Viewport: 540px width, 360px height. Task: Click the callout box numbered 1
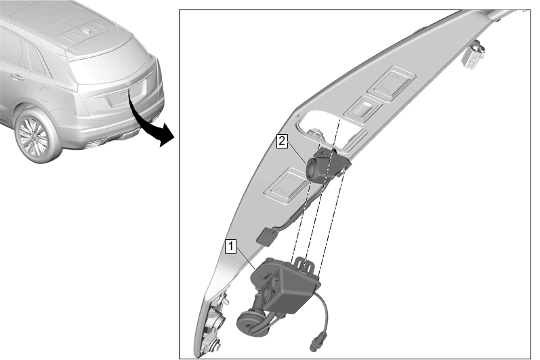[231, 247]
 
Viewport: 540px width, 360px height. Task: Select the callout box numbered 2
[282, 141]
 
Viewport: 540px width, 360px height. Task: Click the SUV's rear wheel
[34, 136]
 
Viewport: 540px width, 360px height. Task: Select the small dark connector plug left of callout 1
[265, 237]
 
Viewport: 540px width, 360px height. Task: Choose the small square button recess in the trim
[363, 108]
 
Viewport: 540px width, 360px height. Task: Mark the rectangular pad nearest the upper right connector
[392, 83]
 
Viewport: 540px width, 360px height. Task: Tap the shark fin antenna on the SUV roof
[87, 31]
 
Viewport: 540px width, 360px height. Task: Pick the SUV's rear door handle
[16, 77]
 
